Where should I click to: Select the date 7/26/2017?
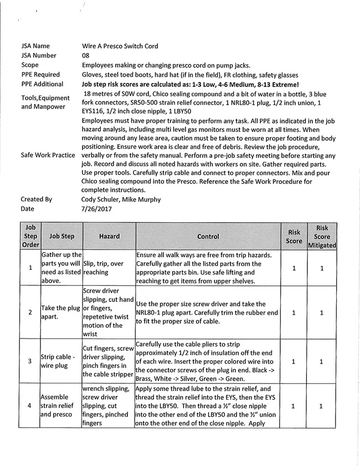point(96,208)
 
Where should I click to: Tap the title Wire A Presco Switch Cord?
point(124,45)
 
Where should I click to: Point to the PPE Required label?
point(40,74)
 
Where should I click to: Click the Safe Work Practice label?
point(48,155)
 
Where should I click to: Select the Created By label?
point(36,199)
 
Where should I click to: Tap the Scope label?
point(30,65)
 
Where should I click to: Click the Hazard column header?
point(109,236)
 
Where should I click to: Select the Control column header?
point(208,236)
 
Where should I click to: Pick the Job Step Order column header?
point(30,236)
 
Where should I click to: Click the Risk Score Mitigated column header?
point(322,236)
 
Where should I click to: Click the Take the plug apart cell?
point(61,312)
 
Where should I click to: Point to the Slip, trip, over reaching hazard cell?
point(109,268)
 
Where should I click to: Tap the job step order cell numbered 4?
point(30,406)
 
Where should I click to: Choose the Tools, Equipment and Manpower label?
point(45,102)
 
